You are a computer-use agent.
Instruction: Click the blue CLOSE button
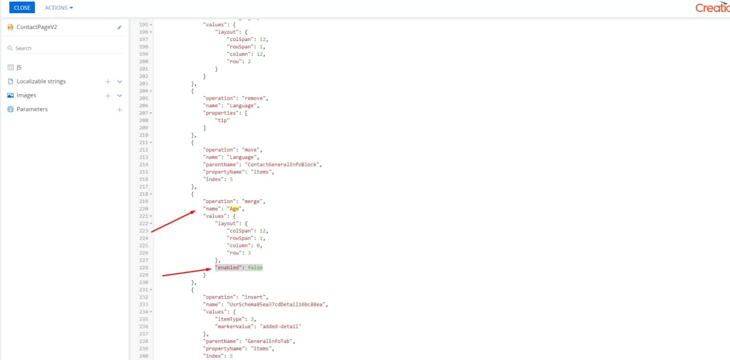coord(22,7)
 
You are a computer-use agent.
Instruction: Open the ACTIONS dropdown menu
coord(59,7)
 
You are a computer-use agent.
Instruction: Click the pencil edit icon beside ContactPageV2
coord(119,27)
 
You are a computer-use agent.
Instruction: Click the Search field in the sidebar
coord(65,48)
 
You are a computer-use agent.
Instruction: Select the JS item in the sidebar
coord(19,67)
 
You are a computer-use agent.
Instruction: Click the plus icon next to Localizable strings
coord(108,82)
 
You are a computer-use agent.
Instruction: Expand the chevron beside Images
coord(120,95)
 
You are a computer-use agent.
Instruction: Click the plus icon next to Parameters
coord(120,110)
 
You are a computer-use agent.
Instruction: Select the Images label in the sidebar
coord(26,95)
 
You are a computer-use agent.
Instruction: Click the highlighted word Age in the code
coord(234,209)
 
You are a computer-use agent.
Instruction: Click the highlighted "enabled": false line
coord(239,268)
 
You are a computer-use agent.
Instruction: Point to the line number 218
coord(144,194)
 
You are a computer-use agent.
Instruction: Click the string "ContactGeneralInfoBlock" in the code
coord(282,164)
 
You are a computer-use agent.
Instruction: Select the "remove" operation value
coord(254,98)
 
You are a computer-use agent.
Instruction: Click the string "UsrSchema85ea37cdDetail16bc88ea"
coord(276,304)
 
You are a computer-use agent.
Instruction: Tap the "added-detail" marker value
coord(281,326)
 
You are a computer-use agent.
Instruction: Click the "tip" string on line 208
coord(222,120)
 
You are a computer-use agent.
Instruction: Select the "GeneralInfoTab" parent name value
coord(269,341)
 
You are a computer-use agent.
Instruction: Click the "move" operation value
coord(251,149)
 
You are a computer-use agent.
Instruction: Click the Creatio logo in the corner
coord(712,7)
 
